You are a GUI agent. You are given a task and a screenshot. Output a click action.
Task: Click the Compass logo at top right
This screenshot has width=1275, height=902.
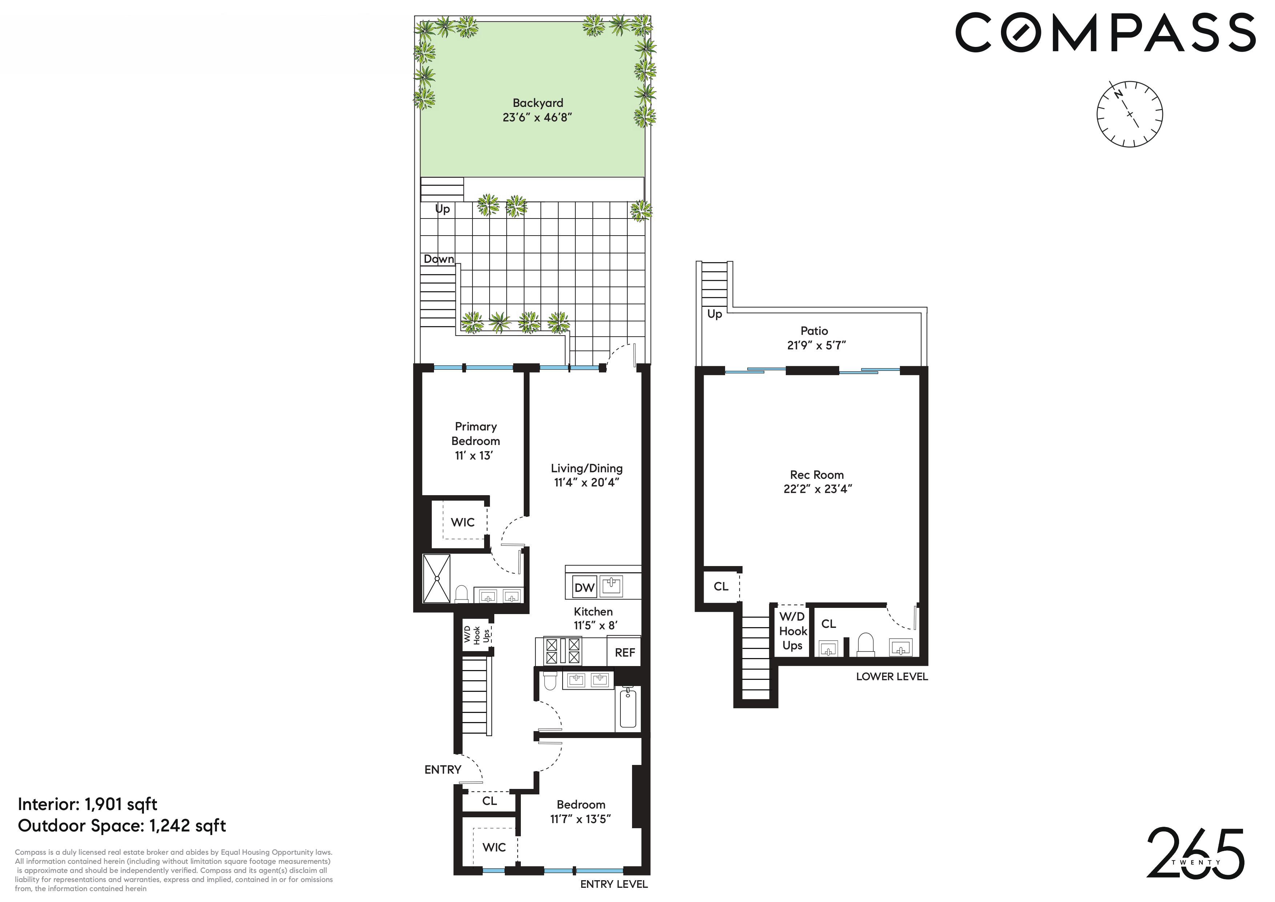tap(1105, 33)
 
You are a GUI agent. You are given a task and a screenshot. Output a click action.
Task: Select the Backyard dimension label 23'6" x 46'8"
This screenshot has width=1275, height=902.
tap(537, 117)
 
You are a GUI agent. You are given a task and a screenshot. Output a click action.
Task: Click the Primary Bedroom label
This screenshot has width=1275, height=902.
tap(475, 434)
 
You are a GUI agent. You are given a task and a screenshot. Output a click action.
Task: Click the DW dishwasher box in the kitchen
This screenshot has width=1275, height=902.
tap(584, 588)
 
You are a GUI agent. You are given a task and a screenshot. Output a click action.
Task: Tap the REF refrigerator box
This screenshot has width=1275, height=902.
tap(625, 653)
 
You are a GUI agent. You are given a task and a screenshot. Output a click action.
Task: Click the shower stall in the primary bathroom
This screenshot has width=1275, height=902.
tap(437, 578)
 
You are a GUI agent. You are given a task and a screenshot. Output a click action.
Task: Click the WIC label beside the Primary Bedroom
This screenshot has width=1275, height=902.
tap(463, 522)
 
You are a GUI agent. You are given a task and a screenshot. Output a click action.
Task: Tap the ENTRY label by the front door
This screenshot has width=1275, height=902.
tap(443, 769)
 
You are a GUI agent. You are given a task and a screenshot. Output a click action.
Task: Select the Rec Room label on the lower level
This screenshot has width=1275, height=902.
tap(816, 475)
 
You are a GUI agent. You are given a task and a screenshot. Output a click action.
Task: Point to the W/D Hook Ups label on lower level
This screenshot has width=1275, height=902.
tap(792, 631)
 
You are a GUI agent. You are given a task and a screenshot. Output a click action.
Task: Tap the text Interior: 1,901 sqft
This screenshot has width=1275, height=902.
tap(88, 804)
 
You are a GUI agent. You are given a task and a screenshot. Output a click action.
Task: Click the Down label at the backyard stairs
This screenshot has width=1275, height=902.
tap(439, 259)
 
